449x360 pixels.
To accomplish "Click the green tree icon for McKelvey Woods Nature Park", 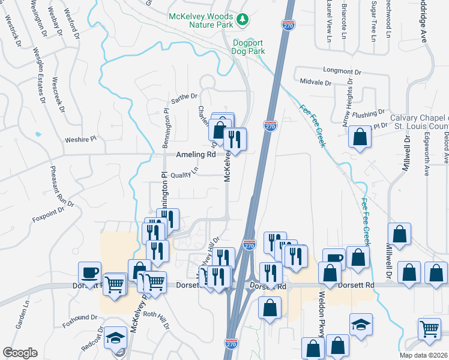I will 243,20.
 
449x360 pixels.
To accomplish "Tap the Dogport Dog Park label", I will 248,47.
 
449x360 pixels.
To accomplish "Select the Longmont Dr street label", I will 342,71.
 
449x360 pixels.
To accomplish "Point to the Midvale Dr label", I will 316,83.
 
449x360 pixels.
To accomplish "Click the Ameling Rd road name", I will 196,154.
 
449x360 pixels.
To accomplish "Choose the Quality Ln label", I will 184,173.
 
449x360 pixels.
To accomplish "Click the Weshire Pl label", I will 80,140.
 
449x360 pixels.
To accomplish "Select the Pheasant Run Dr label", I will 62,187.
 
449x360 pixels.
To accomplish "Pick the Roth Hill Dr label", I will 158,314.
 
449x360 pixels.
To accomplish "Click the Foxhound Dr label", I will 79,317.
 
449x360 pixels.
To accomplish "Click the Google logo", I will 20,353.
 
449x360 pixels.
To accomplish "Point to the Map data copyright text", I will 424,355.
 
